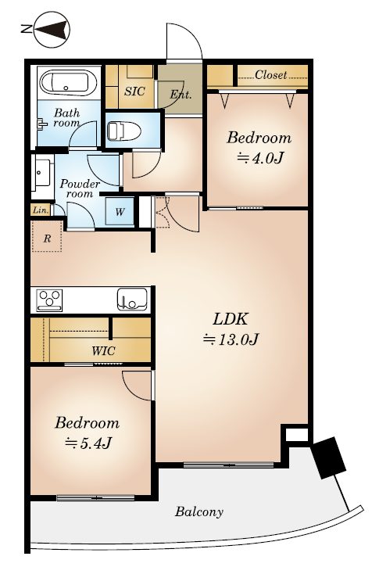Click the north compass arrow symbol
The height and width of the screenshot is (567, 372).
51,30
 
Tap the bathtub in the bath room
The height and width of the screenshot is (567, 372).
68,83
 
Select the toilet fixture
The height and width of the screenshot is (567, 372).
124,131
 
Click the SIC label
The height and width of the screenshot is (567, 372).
134,92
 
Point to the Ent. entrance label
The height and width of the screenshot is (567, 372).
181,95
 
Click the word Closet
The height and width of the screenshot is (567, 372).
270,75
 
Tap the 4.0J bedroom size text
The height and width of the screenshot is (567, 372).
260,158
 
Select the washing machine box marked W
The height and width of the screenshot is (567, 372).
120,211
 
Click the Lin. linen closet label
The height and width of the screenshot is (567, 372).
41,210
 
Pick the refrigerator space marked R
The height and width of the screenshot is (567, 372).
47,236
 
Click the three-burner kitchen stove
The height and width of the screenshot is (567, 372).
49,300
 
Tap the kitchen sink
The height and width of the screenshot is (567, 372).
132,299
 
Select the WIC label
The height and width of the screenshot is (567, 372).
103,351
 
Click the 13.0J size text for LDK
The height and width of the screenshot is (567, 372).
231,339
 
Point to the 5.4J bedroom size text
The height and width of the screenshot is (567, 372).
88,443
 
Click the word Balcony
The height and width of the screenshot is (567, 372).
199,512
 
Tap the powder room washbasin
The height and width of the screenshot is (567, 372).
43,173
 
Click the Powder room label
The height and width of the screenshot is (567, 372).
80,188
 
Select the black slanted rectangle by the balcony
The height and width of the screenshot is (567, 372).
329,458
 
